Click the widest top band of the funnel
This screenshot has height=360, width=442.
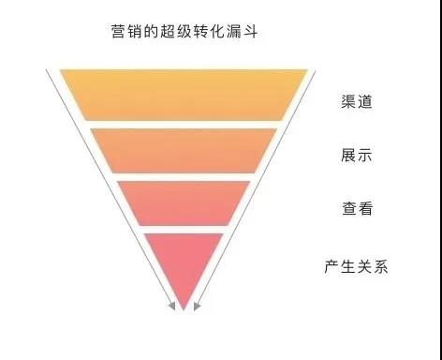click(184, 94)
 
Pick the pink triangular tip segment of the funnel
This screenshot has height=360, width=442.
click(184, 262)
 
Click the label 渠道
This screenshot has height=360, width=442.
click(357, 102)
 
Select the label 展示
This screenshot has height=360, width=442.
click(357, 156)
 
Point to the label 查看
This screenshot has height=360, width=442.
click(357, 209)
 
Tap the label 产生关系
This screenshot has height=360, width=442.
click(356, 267)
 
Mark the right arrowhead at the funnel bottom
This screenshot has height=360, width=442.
click(198, 305)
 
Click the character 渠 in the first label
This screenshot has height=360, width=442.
click(348, 102)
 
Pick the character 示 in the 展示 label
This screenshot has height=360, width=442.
click(365, 156)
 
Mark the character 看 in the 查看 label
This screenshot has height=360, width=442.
click(365, 209)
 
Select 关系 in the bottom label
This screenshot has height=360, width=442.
click(372, 267)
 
